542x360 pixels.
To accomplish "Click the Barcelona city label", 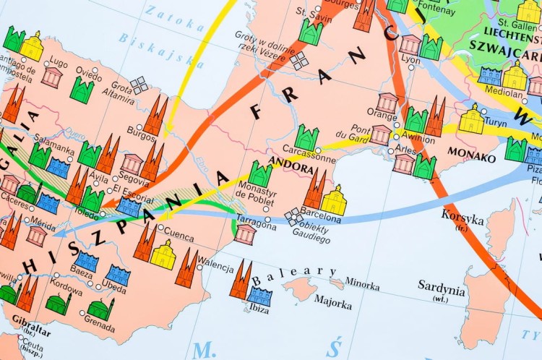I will [x=321, y=217].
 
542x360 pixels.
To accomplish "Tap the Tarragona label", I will [x=255, y=226].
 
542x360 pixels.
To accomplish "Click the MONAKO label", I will [x=472, y=155].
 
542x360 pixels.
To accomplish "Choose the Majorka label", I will [x=332, y=302].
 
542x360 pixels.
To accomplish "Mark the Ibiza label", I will [x=259, y=309].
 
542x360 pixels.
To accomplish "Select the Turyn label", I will [x=496, y=122].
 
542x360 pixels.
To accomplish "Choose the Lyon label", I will [x=410, y=59].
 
